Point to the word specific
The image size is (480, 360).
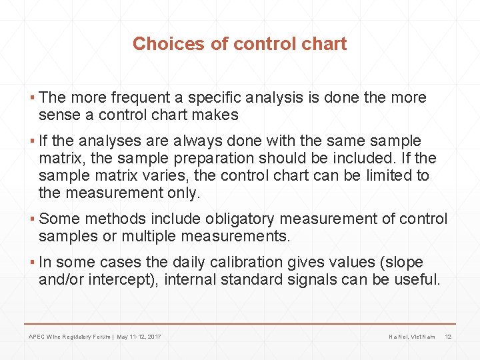[216, 97]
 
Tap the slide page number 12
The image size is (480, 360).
[448, 337]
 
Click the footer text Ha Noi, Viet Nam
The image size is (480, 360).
[411, 337]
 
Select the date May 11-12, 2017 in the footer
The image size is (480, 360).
[139, 337]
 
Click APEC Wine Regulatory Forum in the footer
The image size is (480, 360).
[70, 337]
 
